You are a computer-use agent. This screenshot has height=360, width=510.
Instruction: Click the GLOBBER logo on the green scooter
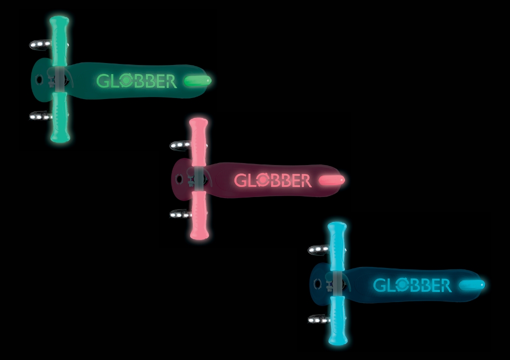(136, 81)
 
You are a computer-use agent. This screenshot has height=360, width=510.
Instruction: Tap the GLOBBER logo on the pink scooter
(273, 180)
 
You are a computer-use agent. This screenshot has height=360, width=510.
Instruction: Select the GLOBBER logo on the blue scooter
(412, 285)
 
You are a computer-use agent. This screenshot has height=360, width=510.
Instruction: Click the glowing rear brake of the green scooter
(197, 80)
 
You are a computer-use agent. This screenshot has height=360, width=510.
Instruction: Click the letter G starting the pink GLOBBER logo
(241, 180)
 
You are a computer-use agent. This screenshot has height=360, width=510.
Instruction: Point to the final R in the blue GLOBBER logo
(445, 285)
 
